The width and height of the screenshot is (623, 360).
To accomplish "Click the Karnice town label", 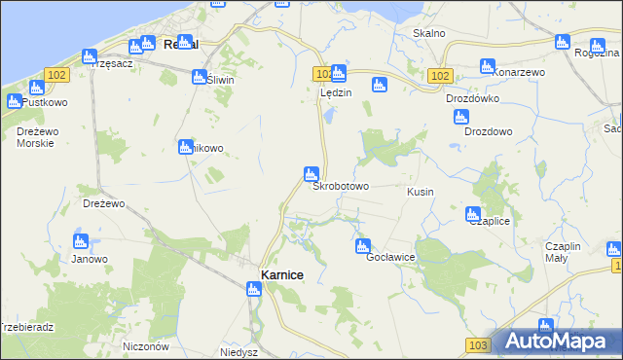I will click(x=282, y=276).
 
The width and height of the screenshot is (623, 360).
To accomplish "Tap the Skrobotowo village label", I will click(x=340, y=186).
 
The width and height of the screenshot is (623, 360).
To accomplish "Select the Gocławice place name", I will click(x=391, y=257).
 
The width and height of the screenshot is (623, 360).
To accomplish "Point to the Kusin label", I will click(x=421, y=193).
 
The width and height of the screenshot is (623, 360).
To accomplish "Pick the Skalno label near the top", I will click(x=429, y=33).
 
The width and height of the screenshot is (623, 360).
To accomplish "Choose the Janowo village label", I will click(x=90, y=259).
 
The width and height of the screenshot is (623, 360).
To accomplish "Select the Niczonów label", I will click(x=147, y=346).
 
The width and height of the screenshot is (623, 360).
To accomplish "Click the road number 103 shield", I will click(x=477, y=345).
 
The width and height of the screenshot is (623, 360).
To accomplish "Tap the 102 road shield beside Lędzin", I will click(x=323, y=73).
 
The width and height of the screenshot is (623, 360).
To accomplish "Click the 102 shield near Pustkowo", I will click(x=55, y=74).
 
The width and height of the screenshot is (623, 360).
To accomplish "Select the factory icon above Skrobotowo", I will click(x=311, y=172).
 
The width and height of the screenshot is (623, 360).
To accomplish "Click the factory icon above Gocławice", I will click(x=363, y=246).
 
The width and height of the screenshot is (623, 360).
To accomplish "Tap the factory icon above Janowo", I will click(x=81, y=240).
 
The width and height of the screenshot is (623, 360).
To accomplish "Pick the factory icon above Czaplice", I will click(x=473, y=214).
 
